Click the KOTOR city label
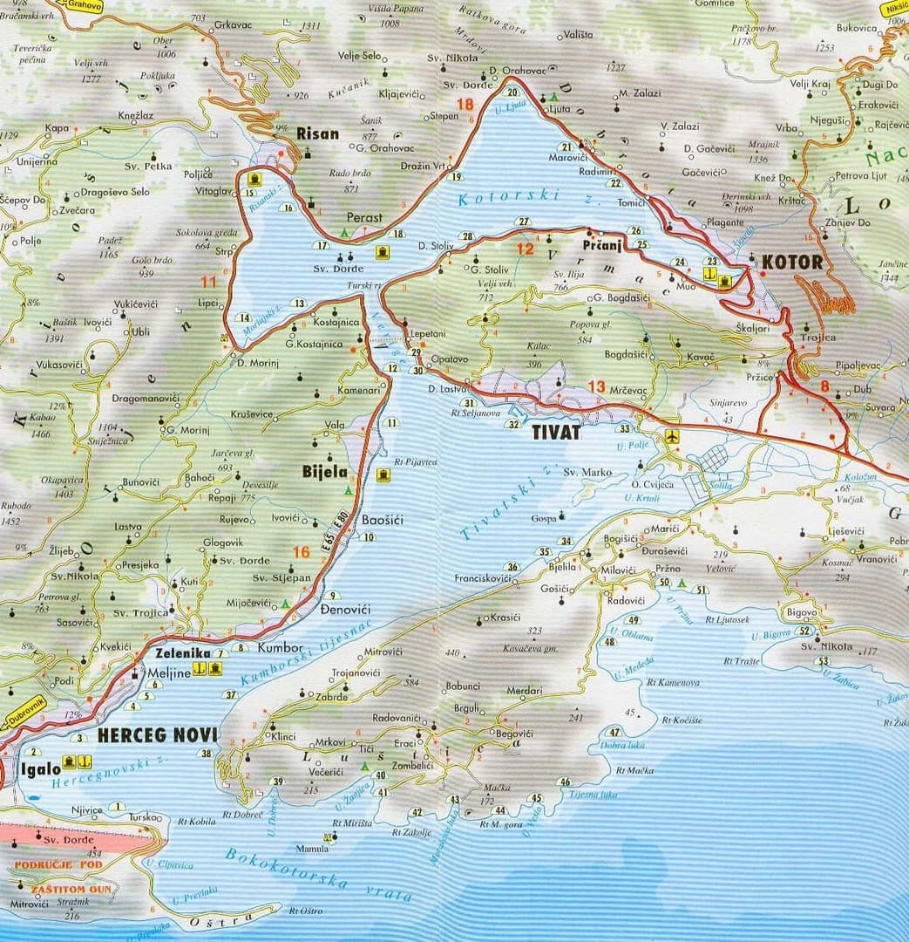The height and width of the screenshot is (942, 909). pos(791,262)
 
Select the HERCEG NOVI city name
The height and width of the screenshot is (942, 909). pos(157,735)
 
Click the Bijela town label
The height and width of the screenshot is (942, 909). pos(324,472)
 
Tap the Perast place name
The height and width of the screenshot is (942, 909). pos(364,217)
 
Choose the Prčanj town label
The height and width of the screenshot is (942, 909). pos(601,246)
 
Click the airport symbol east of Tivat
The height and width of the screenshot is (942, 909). pos(671,435)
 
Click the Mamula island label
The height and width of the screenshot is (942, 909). pos(312,849)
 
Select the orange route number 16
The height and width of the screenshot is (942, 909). pos(302,551)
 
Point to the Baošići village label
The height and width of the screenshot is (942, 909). pos(382,520)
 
